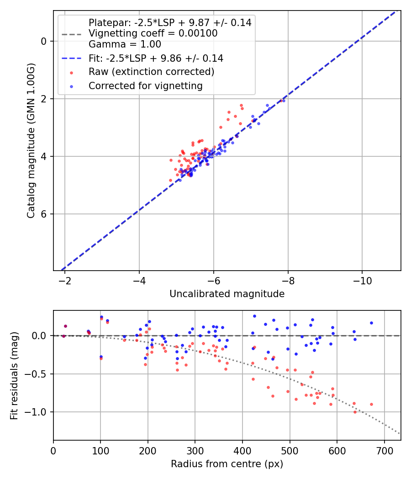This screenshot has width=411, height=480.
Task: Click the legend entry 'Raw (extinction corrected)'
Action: coord(151,72)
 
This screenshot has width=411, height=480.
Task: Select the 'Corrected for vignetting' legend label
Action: coord(146,85)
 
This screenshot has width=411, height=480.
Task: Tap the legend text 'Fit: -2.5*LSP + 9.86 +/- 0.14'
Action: coord(156,59)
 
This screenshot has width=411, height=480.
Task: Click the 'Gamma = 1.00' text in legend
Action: coord(125,44)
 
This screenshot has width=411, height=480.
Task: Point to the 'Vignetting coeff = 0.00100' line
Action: coord(153,33)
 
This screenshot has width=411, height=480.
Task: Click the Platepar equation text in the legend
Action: coord(170,22)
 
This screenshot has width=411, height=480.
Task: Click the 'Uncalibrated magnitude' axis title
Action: coord(227,294)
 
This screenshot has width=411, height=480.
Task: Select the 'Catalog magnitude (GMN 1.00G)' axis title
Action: coord(31,140)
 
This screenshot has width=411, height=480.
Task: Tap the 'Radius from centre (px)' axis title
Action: coord(227,464)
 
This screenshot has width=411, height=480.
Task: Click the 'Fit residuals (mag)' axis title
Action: coord(14,376)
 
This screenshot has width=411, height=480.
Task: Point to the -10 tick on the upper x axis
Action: coord(362,280)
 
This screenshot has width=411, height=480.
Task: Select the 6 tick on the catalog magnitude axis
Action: coord(43,214)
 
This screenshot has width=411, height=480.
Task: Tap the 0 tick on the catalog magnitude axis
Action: coord(43,41)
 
